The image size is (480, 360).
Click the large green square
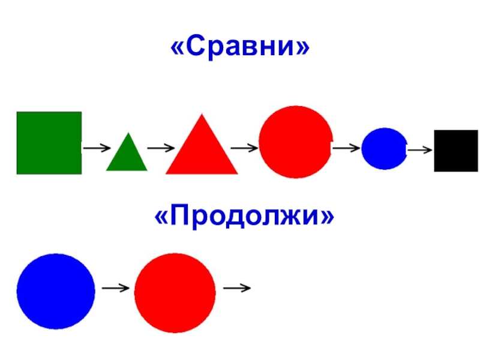(x=49, y=143)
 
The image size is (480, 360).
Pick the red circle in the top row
(x=295, y=142)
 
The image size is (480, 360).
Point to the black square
(x=456, y=151)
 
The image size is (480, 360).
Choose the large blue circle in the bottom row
(x=56, y=291)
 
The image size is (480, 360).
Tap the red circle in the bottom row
(x=175, y=293)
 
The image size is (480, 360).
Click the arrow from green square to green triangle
(x=96, y=147)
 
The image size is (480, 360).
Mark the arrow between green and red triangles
(x=161, y=147)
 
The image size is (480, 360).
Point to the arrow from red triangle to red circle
(x=244, y=146)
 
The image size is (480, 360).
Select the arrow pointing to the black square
(x=419, y=149)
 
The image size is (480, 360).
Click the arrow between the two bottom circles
(x=116, y=289)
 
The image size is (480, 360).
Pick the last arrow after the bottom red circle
(x=236, y=289)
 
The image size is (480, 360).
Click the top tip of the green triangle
(x=127, y=133)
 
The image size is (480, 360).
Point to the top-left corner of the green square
(x=17, y=112)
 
